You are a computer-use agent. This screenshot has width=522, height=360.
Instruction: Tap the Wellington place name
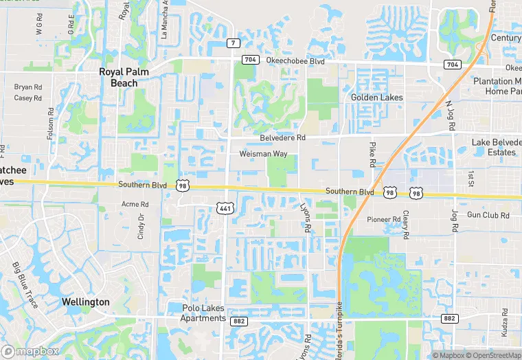[85, 302]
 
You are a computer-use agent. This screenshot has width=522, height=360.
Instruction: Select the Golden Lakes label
[376, 98]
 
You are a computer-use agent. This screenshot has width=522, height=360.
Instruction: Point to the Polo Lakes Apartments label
[203, 313]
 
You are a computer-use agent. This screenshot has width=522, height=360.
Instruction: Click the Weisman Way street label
[263, 154]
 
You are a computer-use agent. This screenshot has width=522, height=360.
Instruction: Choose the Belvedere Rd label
[282, 138]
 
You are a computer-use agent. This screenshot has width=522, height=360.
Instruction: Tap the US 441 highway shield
[225, 207]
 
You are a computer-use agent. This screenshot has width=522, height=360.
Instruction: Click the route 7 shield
[233, 43]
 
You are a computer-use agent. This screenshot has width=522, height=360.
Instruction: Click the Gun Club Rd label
[488, 216]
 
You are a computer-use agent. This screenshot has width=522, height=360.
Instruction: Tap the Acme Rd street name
[135, 204]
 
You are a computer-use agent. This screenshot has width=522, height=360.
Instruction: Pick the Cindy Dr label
[141, 225]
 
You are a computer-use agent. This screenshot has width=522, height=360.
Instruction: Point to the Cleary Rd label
[406, 225]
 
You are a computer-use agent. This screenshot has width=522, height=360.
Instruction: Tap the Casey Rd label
[27, 98]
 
